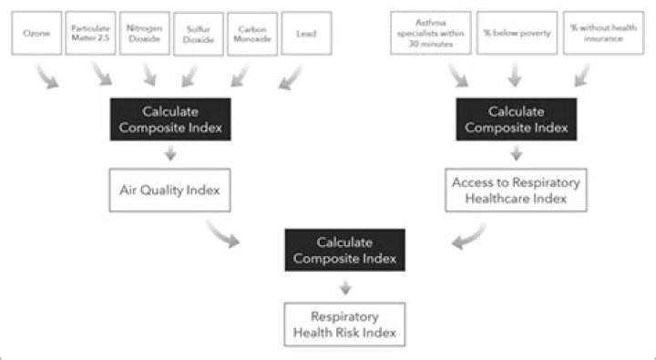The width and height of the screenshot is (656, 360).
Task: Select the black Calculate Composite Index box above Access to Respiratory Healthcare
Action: (516, 119)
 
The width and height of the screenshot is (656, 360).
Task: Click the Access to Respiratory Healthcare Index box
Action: (516, 190)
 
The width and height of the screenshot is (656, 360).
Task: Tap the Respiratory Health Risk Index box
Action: (344, 324)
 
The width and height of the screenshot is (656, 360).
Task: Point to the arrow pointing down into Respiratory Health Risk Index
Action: (344, 287)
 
